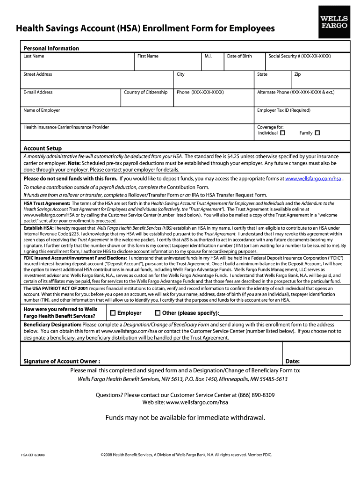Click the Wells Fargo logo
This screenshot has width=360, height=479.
pyautogui.click(x=333, y=22)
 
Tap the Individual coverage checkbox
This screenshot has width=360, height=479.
pyautogui.click(x=282, y=133)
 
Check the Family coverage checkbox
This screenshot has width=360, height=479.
pyautogui.click(x=317, y=133)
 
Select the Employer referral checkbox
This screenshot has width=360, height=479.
pyautogui.click(x=113, y=313)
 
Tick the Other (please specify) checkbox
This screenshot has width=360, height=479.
pyautogui.click(x=158, y=313)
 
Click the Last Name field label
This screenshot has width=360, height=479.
pyautogui.click(x=34, y=56)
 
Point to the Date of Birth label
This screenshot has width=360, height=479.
pyautogui.click(x=239, y=56)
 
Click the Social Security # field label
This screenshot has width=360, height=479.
pyautogui.click(x=299, y=56)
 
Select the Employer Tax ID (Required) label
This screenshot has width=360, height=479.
pyautogui.click(x=283, y=110)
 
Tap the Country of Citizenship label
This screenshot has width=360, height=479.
pyautogui.click(x=145, y=92)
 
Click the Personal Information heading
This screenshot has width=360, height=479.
pyautogui.click(x=51, y=48)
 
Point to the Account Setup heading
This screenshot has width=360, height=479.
pyautogui.click(x=43, y=148)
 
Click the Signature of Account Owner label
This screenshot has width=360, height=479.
pyautogui.click(x=61, y=361)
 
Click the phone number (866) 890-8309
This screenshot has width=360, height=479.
pyautogui.click(x=257, y=395)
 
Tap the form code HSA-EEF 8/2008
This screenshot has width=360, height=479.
pyautogui.click(x=33, y=455)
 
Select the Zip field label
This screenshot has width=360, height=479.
pyautogui.click(x=297, y=74)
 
